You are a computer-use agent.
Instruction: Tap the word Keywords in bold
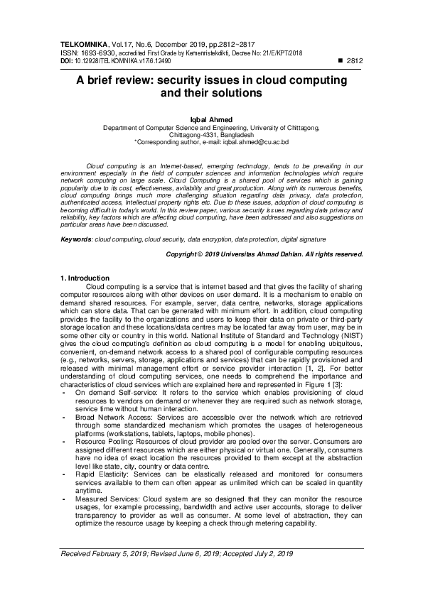click(76, 241)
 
